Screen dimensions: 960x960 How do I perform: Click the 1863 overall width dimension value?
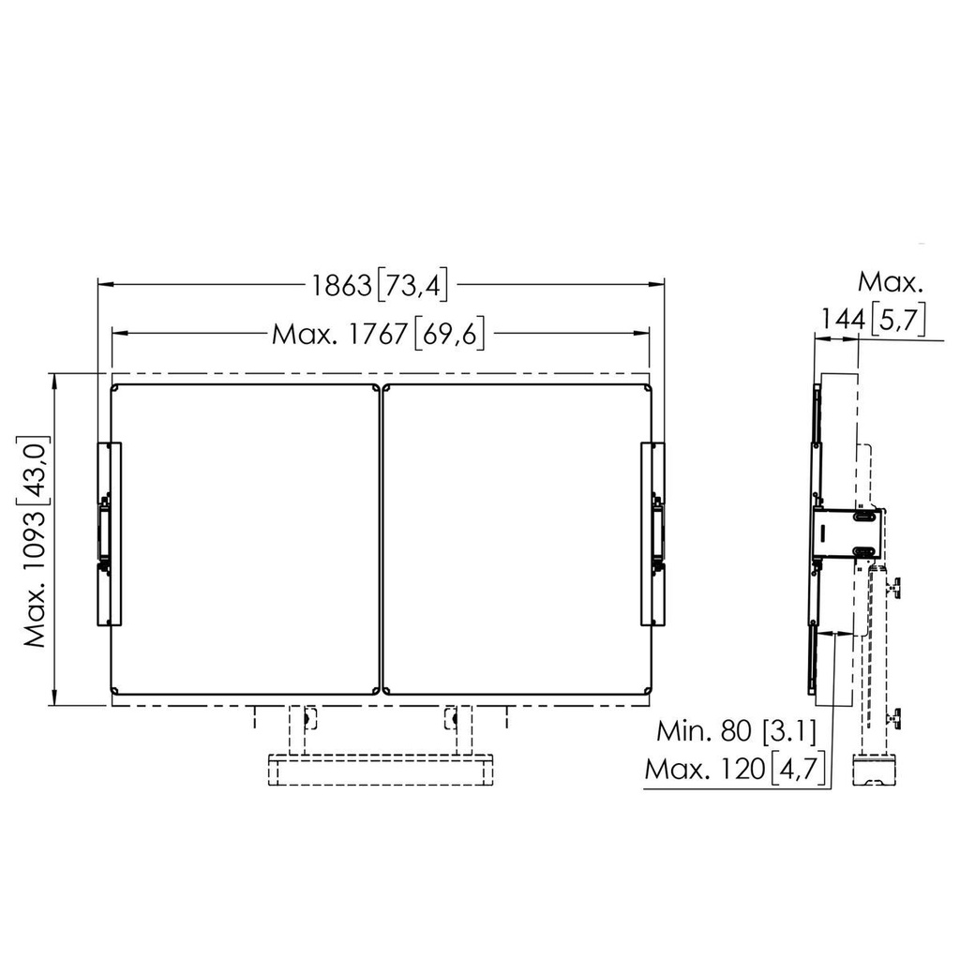pos(342,285)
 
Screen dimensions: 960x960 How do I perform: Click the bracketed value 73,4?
pos(412,285)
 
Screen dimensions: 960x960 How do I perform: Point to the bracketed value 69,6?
pos(447,334)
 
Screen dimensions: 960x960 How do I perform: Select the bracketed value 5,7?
pos(897,320)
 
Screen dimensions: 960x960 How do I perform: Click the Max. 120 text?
pos(704,770)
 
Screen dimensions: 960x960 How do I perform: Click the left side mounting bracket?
pos(110,534)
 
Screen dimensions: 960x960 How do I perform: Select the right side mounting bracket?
pos(652,534)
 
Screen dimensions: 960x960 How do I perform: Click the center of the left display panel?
pos(245,539)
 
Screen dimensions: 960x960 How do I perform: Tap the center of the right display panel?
pos(516,539)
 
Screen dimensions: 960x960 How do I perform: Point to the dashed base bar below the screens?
pos(381,769)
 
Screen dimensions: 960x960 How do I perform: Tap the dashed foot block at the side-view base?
pos(876,772)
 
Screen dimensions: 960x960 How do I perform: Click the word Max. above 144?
pos(891,282)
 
